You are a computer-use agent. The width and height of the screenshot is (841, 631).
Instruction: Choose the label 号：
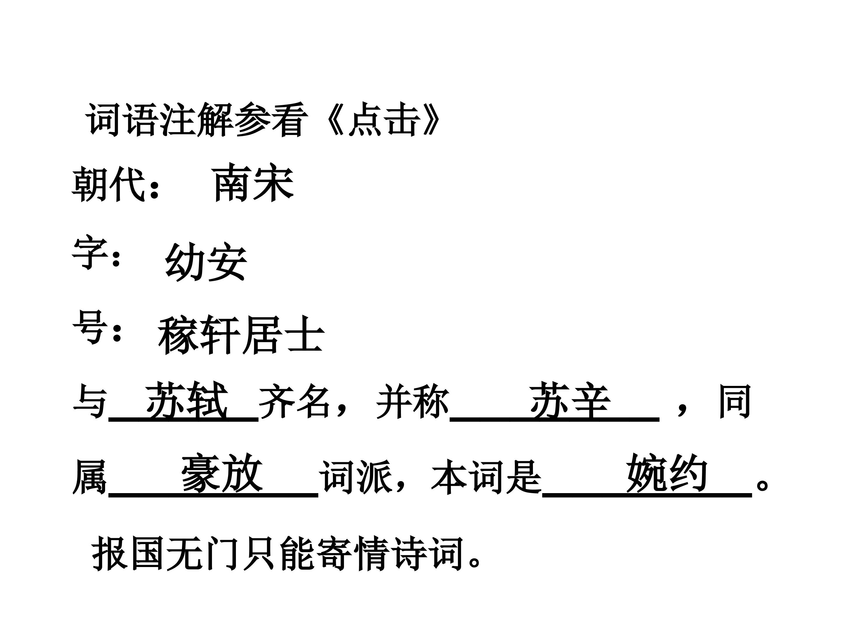point(97,327)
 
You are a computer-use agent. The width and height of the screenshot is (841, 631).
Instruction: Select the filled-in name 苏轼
point(187,400)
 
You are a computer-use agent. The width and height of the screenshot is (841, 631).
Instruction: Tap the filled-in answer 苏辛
point(570,400)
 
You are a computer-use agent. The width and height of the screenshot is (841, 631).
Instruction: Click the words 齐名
point(294,402)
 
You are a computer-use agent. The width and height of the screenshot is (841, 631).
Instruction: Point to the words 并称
point(413,402)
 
